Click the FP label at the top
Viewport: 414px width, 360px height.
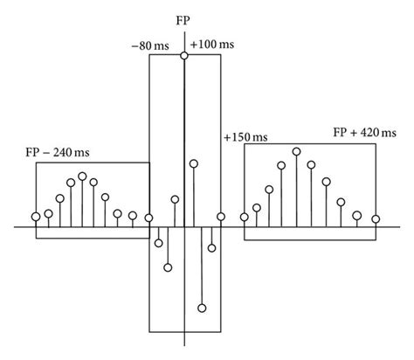[183, 19]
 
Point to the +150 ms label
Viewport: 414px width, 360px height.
[246, 137]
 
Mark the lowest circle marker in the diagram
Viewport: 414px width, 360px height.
[202, 308]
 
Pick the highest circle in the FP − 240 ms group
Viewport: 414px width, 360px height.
[82, 176]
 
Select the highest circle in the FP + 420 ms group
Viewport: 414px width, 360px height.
[297, 152]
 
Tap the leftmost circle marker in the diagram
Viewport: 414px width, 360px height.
[36, 216]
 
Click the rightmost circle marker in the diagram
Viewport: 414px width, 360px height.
[376, 218]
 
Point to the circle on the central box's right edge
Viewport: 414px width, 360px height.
[221, 217]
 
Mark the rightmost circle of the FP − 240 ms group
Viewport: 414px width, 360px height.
[148, 219]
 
